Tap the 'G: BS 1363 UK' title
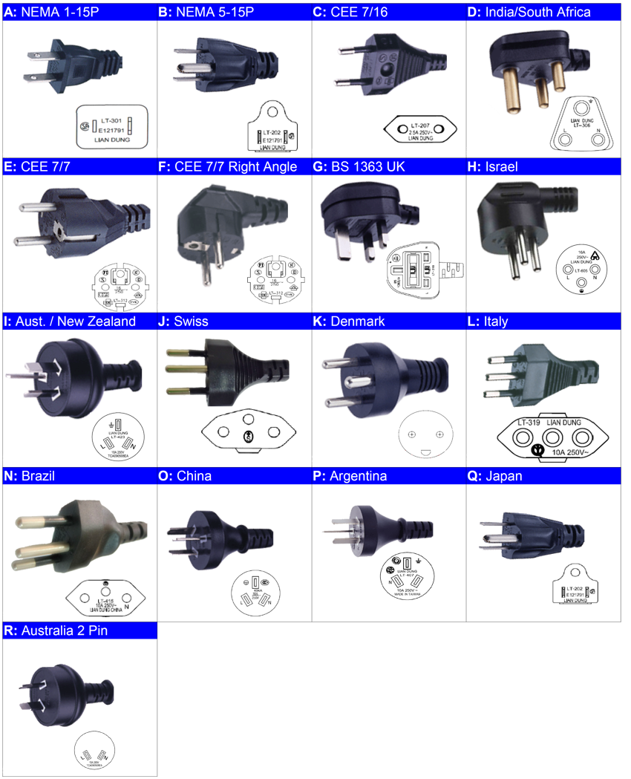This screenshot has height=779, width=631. point(359,167)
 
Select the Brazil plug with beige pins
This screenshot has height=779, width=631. point(67,535)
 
